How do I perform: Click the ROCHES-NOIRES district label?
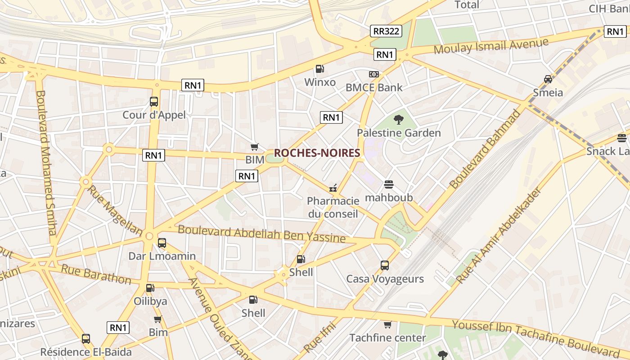tap(317, 153)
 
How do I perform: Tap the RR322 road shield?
tap(386, 31)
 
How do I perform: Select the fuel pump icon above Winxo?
tap(320, 69)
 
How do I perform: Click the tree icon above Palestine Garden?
tap(398, 119)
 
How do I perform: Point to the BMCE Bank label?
tap(374, 87)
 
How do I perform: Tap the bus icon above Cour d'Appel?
tap(154, 102)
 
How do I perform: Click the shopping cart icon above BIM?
tap(255, 147)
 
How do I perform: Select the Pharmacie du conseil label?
tap(333, 207)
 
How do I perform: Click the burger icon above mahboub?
tap(389, 184)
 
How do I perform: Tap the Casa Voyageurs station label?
tap(385, 279)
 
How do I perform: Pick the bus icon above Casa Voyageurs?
tap(385, 265)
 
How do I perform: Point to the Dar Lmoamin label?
tap(162, 256)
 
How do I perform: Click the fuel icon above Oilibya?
tap(150, 288)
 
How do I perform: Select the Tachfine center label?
tap(387, 337)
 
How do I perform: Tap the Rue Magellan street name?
tap(114, 211)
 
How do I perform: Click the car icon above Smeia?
tap(548, 79)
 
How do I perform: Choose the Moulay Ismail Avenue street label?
tap(491, 46)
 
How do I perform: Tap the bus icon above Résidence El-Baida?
tap(86, 338)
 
